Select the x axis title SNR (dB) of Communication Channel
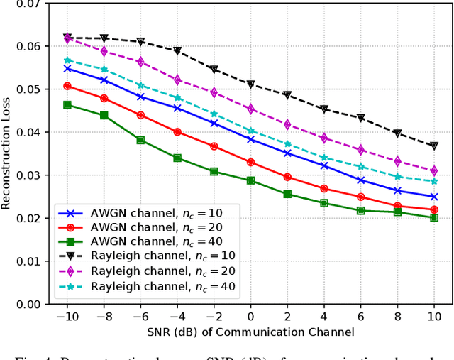click(250, 332)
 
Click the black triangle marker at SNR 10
click(433, 146)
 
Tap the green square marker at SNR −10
click(67, 104)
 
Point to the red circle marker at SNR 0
click(250, 162)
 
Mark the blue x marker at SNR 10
click(433, 197)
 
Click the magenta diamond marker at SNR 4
click(323, 138)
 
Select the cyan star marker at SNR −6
click(140, 85)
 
